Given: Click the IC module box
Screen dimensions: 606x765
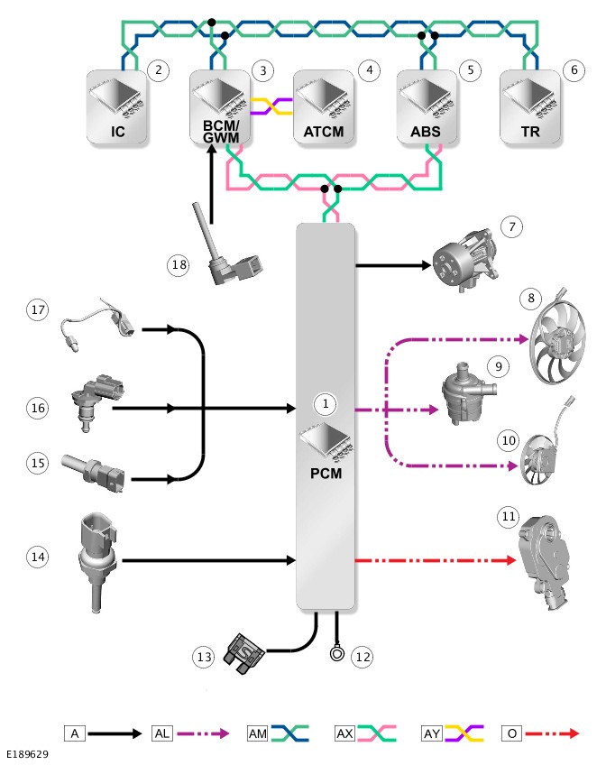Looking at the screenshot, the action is [117, 106].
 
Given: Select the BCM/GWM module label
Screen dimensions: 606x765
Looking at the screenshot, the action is [221, 132].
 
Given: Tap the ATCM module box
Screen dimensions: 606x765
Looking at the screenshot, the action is [324, 106].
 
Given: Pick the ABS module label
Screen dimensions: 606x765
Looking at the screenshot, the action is [426, 132].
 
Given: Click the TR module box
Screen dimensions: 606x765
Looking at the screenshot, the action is [530, 106].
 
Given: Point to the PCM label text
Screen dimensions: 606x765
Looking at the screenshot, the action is [326, 474].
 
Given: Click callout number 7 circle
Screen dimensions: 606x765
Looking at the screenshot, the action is [512, 226].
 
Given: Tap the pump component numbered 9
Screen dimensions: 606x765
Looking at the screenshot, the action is [467, 394].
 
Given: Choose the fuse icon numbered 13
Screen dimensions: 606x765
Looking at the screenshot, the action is [243, 653].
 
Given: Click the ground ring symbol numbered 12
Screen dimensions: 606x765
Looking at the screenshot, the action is [337, 653].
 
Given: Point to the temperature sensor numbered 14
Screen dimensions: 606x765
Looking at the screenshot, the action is [97, 561].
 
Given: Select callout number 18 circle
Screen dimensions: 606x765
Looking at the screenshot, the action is [179, 265].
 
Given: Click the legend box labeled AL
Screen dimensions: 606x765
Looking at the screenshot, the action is [161, 733].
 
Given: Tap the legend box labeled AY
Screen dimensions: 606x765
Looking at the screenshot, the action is [432, 733].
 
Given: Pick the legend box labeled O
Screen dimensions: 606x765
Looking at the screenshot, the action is [512, 733].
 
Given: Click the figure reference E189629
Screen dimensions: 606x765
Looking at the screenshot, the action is [27, 754].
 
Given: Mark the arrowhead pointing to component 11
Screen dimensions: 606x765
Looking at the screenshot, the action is [511, 560].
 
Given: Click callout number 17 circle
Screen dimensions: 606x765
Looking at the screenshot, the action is [38, 309].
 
